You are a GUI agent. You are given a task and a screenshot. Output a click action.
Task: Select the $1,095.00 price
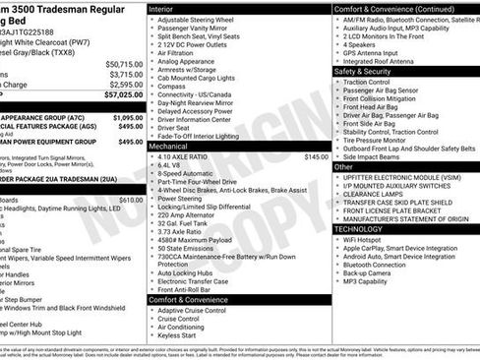click(x=124, y=116)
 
